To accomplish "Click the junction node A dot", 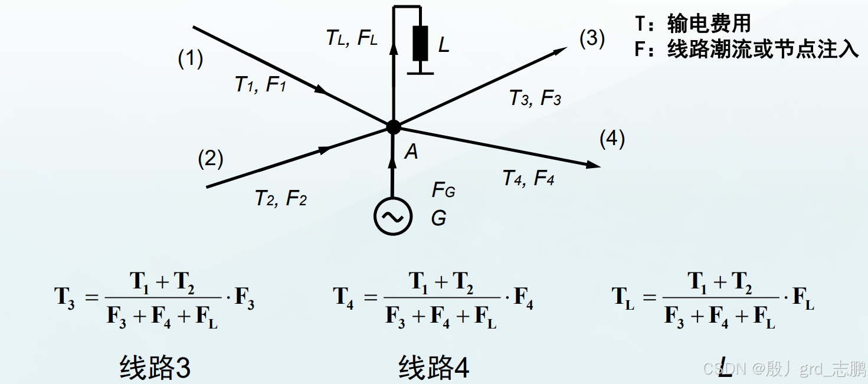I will (393, 126).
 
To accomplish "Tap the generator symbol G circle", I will (392, 216).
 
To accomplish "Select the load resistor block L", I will (420, 43).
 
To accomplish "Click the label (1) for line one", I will (191, 58).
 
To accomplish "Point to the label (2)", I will (211, 159).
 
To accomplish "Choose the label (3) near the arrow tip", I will (592, 38).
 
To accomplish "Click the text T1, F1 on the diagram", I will (260, 85).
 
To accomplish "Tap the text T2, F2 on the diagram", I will (280, 198).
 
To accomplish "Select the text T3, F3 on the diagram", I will (535, 98).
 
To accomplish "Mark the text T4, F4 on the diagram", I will (528, 178).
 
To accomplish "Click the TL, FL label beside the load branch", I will (352, 38).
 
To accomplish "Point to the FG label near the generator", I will (443, 190).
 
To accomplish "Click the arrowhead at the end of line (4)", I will (594, 166).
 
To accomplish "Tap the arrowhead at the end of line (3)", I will (561, 50).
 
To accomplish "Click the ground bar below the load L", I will (420, 73).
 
